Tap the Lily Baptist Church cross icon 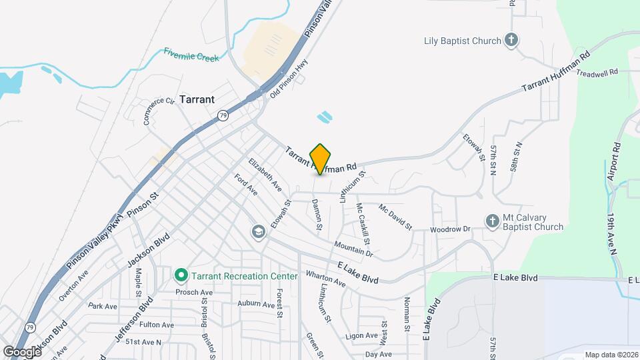pyautogui.click(x=511, y=41)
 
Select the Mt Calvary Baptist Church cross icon pyautogui.click(x=492, y=221)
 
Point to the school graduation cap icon pyautogui.click(x=257, y=232)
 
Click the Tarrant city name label pyautogui.click(x=196, y=99)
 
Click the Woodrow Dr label pyautogui.click(x=451, y=229)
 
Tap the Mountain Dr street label pyautogui.click(x=353, y=249)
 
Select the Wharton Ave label pyautogui.click(x=325, y=278)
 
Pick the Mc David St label pyautogui.click(x=395, y=217)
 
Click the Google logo pyautogui.click(x=22, y=351)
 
